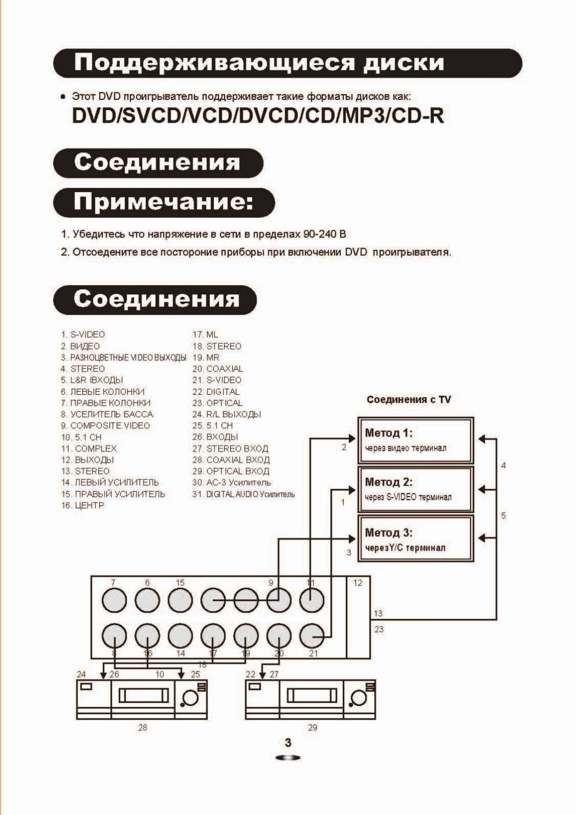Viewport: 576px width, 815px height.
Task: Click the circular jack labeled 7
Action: point(114,600)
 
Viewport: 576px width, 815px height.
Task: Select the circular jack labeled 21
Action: point(311,636)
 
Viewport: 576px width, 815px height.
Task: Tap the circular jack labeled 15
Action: point(180,600)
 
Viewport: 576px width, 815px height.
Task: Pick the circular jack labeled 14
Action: point(180,636)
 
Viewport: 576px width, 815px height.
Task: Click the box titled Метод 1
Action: point(416,440)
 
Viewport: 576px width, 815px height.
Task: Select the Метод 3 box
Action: point(416,539)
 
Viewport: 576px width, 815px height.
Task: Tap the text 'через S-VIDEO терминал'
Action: point(408,497)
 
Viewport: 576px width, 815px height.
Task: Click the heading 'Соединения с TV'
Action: point(408,399)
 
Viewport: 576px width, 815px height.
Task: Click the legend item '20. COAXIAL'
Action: point(217,369)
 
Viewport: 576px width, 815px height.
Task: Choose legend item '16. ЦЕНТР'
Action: point(83,505)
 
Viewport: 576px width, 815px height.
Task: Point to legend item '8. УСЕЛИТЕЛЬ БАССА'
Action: point(107,415)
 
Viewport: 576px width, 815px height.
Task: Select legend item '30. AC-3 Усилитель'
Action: point(231,482)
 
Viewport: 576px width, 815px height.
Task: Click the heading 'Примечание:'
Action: point(163,202)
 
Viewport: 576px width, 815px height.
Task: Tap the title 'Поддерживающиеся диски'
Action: point(259,63)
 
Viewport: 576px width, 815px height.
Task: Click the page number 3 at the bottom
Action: point(288,743)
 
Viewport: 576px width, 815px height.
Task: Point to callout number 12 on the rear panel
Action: point(358,583)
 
